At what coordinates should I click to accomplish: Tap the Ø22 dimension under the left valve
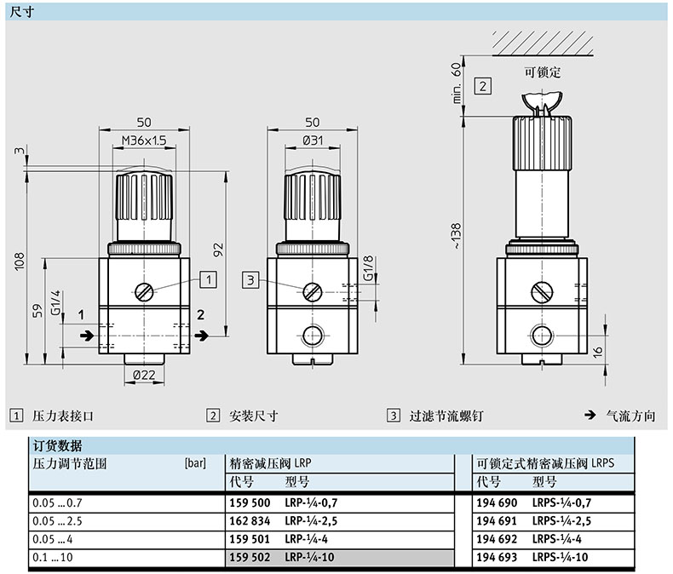[x=143, y=373]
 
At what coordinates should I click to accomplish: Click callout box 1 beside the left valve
[x=210, y=278]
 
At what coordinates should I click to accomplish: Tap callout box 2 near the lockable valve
[x=482, y=85]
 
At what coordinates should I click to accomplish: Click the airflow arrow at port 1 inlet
[x=85, y=336]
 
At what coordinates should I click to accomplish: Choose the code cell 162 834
[x=248, y=520]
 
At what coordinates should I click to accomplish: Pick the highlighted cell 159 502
[x=248, y=556]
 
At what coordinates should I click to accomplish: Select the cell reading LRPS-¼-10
[x=561, y=556]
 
